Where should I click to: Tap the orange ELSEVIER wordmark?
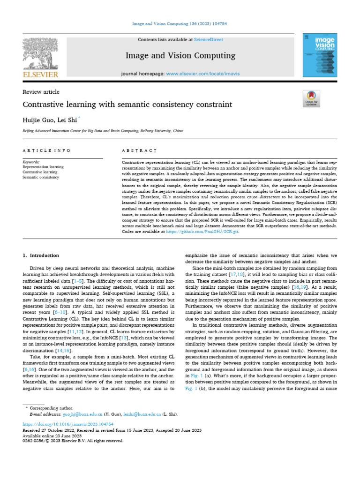point(40,75)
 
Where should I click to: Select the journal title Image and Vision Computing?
point(180,56)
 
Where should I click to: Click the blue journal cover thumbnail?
point(320,55)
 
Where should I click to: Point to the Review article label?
point(41,92)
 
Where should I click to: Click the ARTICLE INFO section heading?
point(46,150)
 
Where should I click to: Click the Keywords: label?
point(31,162)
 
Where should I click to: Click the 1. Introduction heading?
point(41,255)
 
